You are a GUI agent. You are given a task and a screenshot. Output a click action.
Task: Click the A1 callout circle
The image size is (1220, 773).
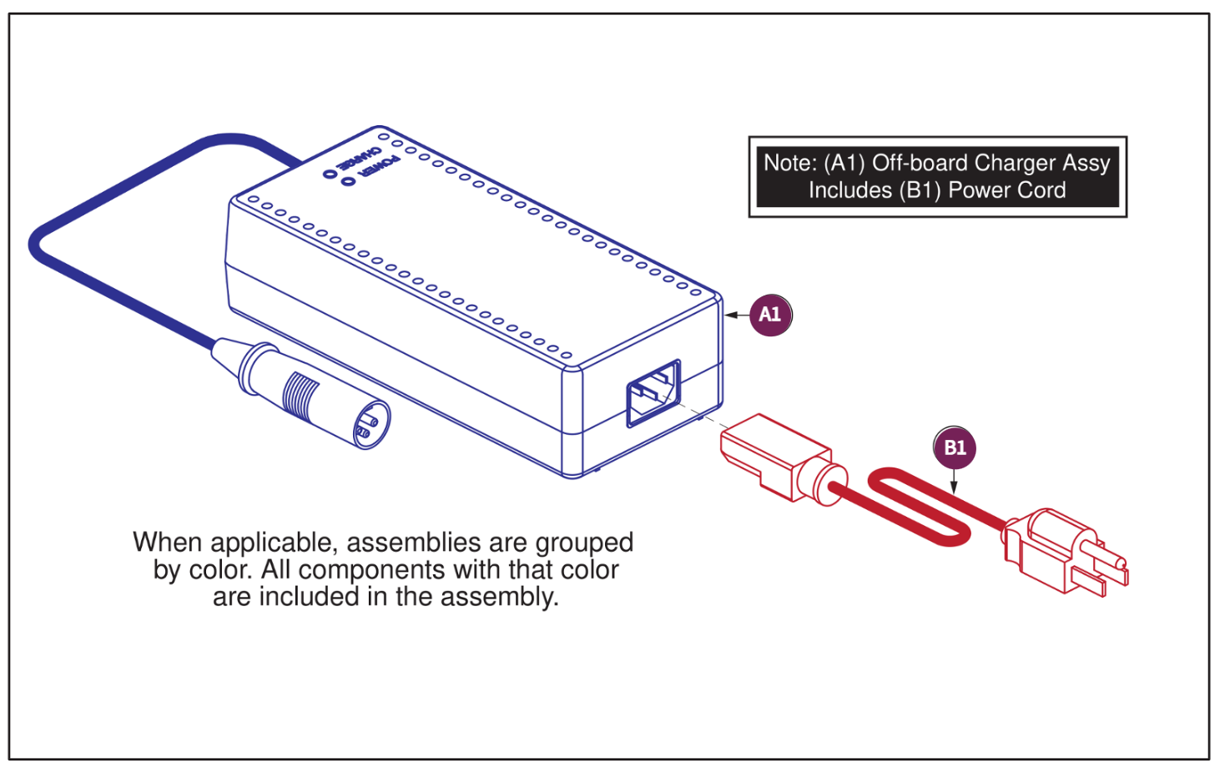(769, 315)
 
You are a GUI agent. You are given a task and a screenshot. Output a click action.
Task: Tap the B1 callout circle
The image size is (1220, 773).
(954, 447)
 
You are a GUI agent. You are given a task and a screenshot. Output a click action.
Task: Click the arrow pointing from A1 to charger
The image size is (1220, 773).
(736, 315)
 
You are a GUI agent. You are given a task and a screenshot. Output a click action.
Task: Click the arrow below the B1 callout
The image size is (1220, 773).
(954, 482)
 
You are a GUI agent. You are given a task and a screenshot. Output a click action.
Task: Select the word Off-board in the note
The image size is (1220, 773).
(920, 163)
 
